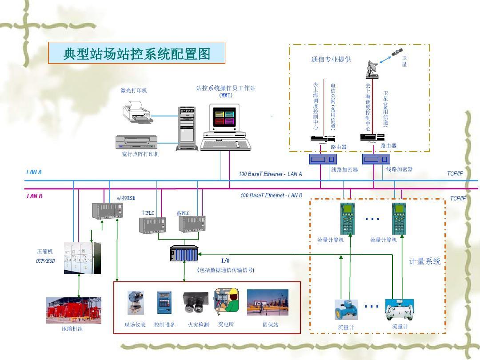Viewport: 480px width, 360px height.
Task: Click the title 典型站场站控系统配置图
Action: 136,53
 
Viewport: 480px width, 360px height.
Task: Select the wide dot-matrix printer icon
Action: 136,142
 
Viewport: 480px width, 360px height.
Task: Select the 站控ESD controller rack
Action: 107,211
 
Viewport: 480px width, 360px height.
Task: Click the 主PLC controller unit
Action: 152,224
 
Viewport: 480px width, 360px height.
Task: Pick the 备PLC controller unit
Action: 192,224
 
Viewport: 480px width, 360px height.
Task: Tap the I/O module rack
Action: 184,253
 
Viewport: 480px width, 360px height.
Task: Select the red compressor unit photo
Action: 74,310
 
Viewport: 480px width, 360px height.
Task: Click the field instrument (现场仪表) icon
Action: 135,303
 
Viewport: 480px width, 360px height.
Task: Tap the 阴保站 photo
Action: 268,302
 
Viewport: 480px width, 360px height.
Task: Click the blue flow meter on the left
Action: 346,310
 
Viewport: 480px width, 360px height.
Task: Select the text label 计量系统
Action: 425,261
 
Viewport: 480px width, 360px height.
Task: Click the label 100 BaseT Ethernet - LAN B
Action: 271,196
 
